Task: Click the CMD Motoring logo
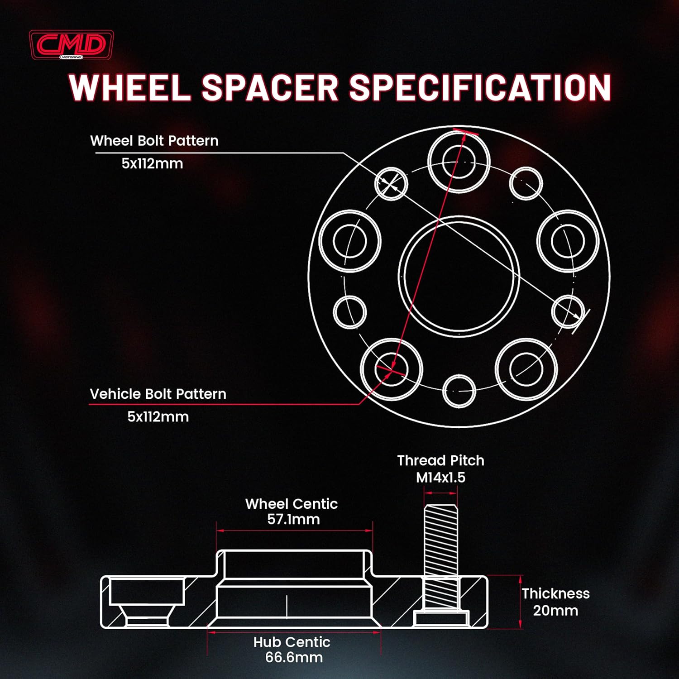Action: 71,45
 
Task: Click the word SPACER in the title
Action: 270,87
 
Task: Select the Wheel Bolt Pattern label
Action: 154,141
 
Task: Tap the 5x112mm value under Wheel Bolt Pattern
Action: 152,163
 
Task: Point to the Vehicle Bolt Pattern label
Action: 158,394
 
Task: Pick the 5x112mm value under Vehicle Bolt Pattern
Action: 158,416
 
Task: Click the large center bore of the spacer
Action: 459,277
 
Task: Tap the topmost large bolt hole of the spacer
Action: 459,162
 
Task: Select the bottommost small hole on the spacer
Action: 459,390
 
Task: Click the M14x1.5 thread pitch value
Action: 440,477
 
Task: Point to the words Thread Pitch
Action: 440,460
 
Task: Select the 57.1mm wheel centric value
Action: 293,519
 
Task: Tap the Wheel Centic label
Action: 292,504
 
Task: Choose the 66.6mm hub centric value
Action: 294,657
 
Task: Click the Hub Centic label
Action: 292,642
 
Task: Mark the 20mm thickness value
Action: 555,610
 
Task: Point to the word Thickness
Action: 555,593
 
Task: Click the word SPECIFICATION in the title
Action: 480,87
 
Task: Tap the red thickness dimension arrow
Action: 521,602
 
